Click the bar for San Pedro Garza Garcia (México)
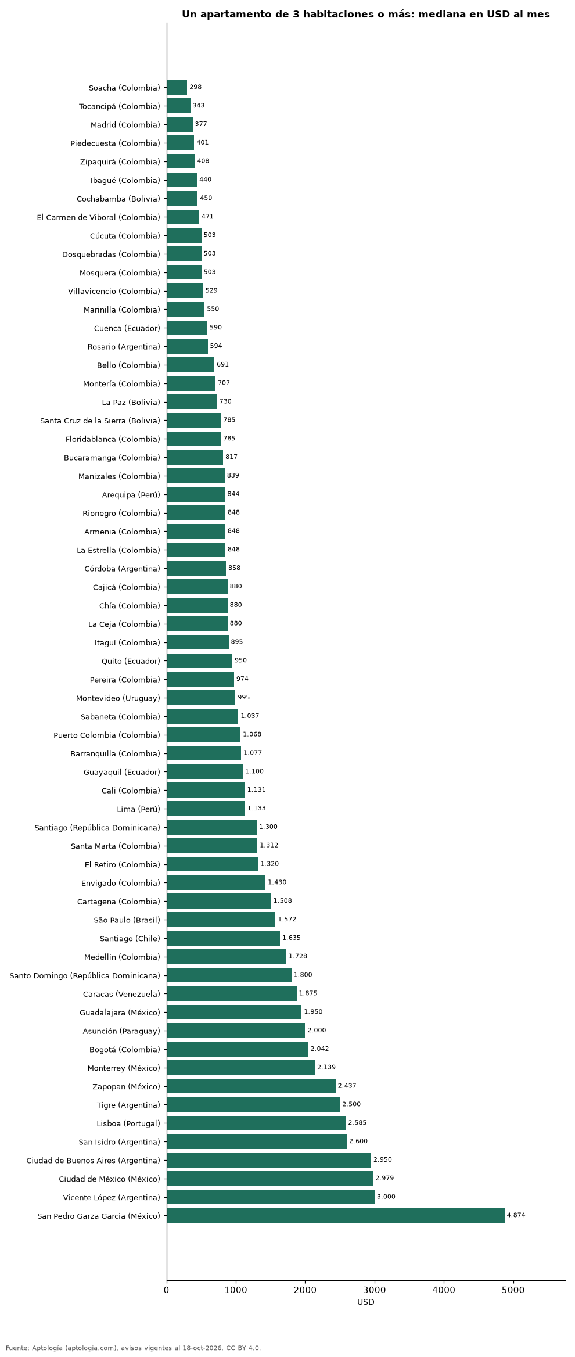(336, 1216)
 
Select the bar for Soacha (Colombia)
(177, 88)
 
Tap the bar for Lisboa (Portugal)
(256, 1123)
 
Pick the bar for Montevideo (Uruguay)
(201, 698)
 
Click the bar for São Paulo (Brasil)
(221, 920)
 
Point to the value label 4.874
(516, 1215)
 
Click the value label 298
(196, 87)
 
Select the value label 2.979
(384, 1178)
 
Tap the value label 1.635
(292, 938)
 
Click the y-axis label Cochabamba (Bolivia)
(118, 199)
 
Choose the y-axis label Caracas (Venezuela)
(122, 994)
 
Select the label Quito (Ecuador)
(131, 661)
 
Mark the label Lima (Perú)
(139, 809)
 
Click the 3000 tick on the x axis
(375, 1290)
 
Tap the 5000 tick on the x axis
(513, 1290)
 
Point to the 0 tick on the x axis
(167, 1290)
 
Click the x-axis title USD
(366, 1302)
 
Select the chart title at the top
(366, 15)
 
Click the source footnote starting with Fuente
(134, 1348)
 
